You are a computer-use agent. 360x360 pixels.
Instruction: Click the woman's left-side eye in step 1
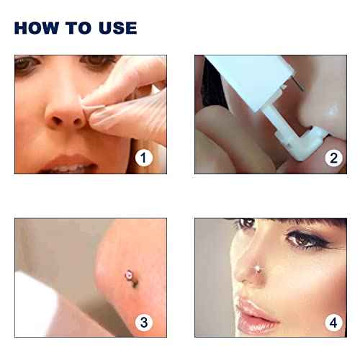pyautogui.click(x=27, y=68)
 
